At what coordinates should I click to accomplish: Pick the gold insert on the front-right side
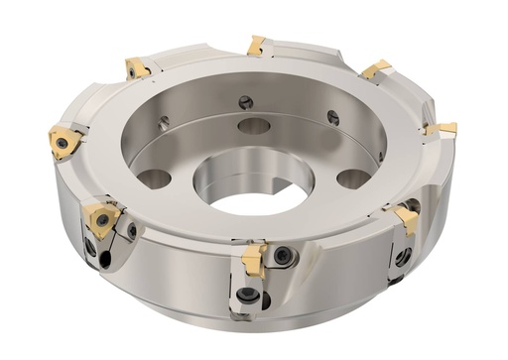pos(407,217)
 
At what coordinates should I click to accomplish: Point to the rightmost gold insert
pos(443,129)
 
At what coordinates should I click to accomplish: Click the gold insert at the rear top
pos(256,45)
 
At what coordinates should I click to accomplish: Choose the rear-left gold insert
pos(137,67)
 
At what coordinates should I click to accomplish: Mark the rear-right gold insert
pos(376,69)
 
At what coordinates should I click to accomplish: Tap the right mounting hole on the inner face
pos(353,179)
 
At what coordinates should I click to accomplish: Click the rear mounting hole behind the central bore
pos(254,126)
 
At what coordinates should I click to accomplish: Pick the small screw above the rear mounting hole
pos(245,101)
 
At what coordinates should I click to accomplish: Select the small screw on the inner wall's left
pos(165,122)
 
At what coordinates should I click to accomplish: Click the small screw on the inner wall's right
pos(333,118)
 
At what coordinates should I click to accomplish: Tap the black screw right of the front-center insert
pos(283,257)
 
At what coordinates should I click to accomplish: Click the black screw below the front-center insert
pos(246,295)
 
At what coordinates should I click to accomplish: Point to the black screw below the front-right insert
pos(402,257)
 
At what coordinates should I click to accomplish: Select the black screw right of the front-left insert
pos(132,231)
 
